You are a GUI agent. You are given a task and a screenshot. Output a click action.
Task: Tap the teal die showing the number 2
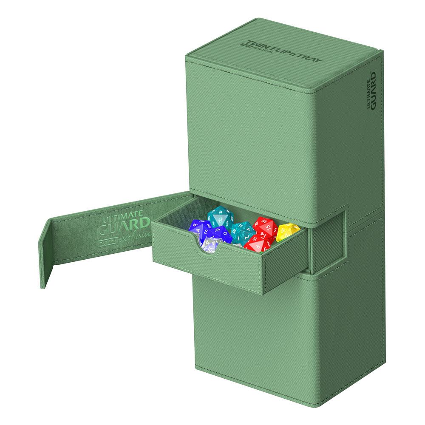241,232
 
